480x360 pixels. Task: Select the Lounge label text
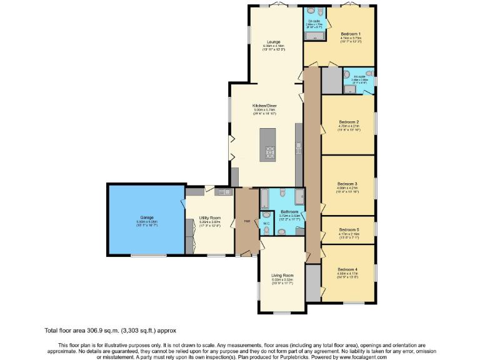tap(272, 42)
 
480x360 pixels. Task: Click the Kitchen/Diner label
tap(264, 106)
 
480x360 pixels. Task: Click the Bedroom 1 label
tap(351, 33)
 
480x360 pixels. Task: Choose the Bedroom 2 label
tap(348, 121)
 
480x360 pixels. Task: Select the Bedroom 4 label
tap(347, 269)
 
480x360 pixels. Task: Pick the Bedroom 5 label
tap(348, 229)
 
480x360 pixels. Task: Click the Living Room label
tap(282, 275)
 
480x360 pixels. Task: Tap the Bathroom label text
tap(289, 212)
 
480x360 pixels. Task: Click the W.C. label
tap(266, 222)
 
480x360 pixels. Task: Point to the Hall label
tap(247, 221)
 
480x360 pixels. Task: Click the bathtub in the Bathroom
tap(264, 199)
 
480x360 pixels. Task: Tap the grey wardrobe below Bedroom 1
tap(331, 79)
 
